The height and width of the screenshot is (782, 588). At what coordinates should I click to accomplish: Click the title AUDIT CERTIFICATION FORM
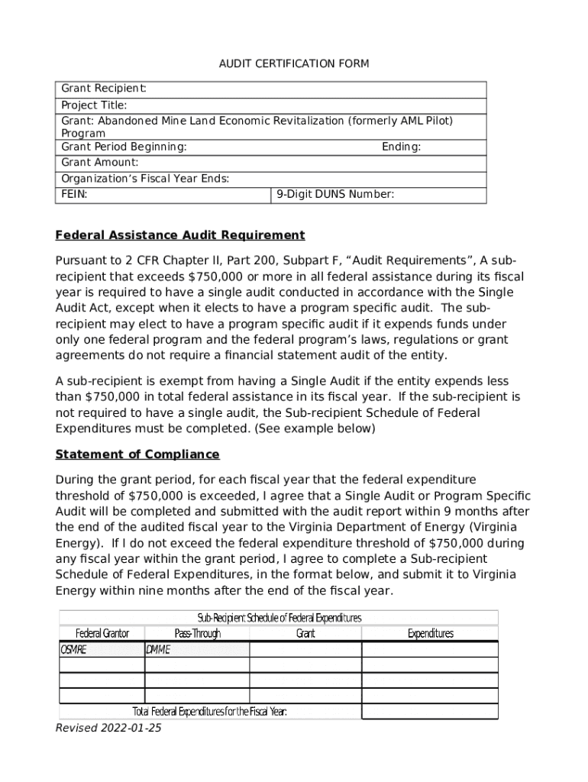coord(294,63)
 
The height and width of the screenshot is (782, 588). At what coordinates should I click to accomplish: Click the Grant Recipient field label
coord(104,89)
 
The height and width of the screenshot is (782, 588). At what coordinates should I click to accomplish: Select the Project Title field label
coord(95,105)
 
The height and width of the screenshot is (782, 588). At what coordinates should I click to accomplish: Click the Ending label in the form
coord(401,147)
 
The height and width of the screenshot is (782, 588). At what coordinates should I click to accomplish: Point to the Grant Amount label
coord(100,163)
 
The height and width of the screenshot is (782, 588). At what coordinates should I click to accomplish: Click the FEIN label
coord(74,195)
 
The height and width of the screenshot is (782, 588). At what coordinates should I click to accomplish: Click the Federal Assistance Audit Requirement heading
coord(180,235)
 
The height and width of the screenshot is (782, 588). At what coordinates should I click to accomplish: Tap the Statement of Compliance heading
coord(137,454)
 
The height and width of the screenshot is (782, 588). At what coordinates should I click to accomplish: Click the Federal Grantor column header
coord(102,633)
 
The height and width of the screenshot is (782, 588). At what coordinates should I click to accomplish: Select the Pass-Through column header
coord(197,633)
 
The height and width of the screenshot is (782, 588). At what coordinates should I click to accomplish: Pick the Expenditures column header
coord(430,633)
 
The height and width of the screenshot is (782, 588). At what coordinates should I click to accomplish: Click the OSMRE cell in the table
coord(74,650)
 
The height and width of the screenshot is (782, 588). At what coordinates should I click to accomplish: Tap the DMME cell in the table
coord(158,650)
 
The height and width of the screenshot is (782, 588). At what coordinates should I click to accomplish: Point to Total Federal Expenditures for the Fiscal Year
coord(209,712)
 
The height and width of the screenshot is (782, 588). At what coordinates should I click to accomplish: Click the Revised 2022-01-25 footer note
coord(108,728)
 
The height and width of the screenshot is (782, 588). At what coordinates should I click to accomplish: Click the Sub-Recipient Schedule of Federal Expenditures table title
coord(279,617)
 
